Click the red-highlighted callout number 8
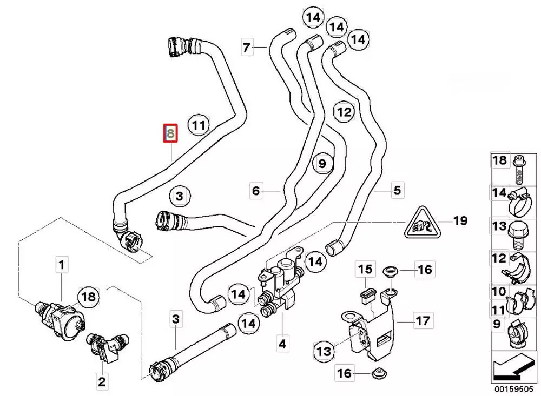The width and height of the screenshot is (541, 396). point(171,133)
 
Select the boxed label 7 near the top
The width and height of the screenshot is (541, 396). point(247,48)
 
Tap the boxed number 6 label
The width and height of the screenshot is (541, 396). point(256,190)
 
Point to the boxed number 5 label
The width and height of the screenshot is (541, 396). point(397,190)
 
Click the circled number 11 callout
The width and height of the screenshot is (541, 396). point(199,126)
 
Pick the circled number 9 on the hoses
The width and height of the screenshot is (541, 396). point(322,163)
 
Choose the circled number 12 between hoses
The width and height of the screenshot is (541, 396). point(344,112)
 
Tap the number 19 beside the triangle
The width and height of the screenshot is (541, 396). point(460,220)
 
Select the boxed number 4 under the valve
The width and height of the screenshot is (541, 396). point(282,343)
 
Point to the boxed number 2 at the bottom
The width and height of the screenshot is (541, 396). point(102,382)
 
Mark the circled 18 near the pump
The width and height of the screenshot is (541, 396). point(90,296)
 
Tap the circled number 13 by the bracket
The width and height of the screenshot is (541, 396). point(324,352)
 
